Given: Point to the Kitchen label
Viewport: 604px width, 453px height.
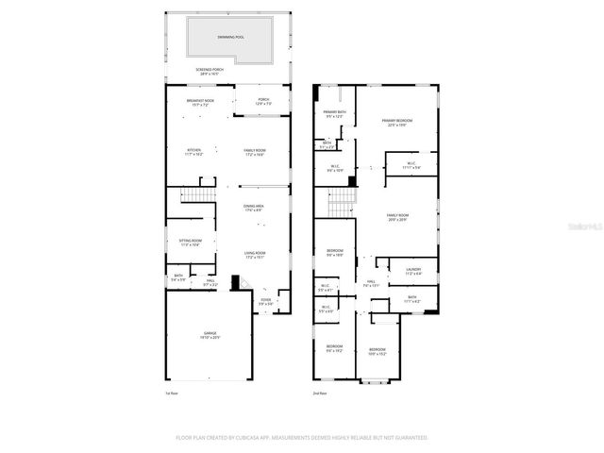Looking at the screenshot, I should coord(193,152).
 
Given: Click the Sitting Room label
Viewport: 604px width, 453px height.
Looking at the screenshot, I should coord(191,243).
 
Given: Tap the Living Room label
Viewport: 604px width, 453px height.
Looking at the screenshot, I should coord(255,255).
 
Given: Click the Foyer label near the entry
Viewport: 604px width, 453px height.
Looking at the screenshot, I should coord(266,302).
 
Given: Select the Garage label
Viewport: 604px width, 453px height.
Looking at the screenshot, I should coord(210,336).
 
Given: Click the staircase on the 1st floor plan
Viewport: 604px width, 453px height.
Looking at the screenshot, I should coord(193,195).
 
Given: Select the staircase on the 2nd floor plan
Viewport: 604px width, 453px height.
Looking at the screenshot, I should coord(341,199).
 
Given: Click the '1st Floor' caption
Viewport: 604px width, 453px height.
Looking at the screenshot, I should coord(171,393).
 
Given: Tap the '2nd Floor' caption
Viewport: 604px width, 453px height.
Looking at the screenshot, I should coord(321,393).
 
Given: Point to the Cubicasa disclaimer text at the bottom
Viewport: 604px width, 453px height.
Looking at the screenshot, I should coord(301,438).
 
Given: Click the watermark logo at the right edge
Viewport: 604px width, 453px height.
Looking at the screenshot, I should coord(590,226).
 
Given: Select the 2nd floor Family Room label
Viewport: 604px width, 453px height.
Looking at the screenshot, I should coord(397,217).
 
